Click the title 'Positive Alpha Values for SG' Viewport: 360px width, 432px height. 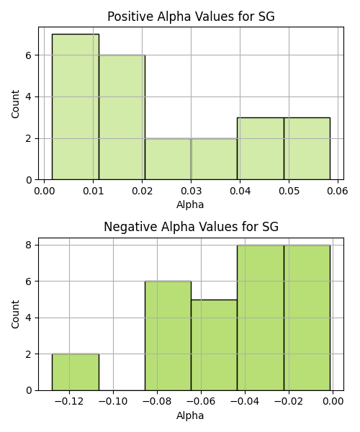pos(191,17)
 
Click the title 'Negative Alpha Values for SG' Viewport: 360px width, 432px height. pos(191,227)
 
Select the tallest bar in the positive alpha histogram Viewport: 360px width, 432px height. pos(76,107)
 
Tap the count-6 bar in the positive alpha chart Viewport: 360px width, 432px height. pos(122,117)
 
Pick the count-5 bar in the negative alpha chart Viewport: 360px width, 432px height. pos(214,345)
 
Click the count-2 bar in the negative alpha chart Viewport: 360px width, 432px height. pos(76,372)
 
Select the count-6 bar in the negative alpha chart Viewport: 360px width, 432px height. pos(168,336)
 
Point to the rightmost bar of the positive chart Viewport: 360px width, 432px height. pos(307,149)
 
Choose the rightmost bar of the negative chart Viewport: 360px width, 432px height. pos(307,318)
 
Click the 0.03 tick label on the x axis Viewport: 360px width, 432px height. pos(191,192)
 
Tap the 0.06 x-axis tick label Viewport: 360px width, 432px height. pos(338,192)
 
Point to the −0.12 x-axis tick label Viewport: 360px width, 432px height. pos(69,402)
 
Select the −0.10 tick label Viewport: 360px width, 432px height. pos(113,402)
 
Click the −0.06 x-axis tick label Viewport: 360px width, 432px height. pos(201,402)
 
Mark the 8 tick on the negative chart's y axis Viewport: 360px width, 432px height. pos(29,245)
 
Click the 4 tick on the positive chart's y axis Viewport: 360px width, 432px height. pos(29,97)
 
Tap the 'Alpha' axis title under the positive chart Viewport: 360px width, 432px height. pos(190,205)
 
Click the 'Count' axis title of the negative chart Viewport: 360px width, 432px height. pos(15,314)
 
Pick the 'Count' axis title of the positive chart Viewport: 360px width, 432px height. pos(15,104)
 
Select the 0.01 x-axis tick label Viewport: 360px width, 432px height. pos(94,192)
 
